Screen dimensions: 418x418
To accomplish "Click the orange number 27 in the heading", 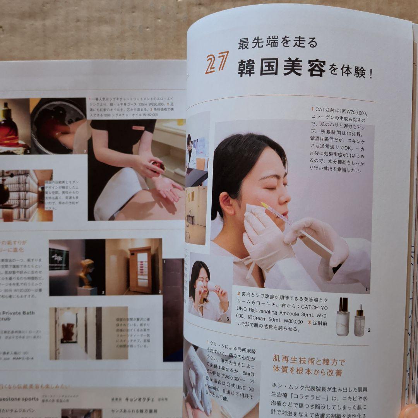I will point(217,63).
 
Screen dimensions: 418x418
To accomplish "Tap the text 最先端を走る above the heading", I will point(278,42).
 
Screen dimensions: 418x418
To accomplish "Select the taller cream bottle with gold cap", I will point(343,317).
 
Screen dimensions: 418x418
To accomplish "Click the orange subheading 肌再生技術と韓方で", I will point(308,363).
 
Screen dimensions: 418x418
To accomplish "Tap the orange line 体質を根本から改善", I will point(307,373).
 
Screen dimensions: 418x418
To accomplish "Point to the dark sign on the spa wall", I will point(59,259).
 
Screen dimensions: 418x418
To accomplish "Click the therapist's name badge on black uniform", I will point(138,128).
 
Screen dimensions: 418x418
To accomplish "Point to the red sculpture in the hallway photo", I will point(69,332).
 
